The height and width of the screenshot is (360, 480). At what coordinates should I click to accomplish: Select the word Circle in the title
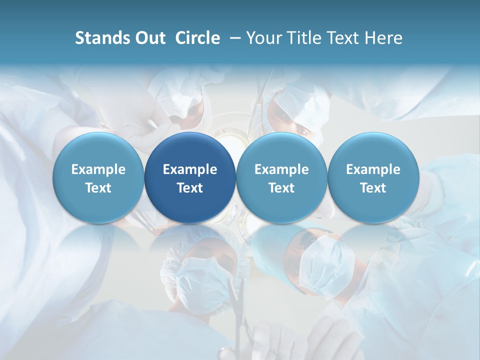pos(197,38)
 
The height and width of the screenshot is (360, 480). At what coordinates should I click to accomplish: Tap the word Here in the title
pos(384,38)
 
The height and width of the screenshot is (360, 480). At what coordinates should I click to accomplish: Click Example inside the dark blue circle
pos(190,169)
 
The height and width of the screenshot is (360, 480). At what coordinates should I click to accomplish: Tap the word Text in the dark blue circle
pos(190,188)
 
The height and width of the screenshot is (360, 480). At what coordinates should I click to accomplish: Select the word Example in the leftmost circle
pos(98,169)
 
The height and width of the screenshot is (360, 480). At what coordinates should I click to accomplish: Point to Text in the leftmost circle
pos(98,188)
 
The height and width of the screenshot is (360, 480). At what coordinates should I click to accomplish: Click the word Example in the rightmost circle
pos(373,169)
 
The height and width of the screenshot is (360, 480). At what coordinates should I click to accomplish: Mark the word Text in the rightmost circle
pos(373,188)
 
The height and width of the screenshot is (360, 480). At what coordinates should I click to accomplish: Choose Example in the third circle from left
pos(281,169)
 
